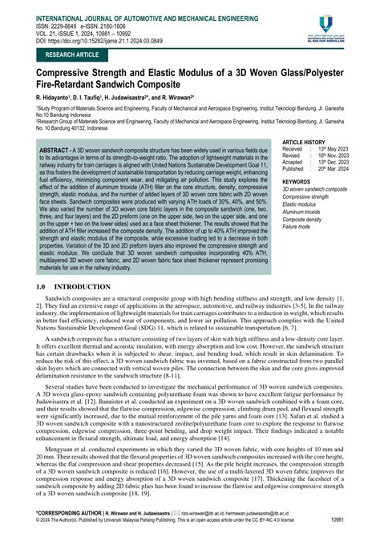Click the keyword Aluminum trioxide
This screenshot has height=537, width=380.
point(305,211)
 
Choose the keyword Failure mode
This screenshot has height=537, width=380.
point(298,226)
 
